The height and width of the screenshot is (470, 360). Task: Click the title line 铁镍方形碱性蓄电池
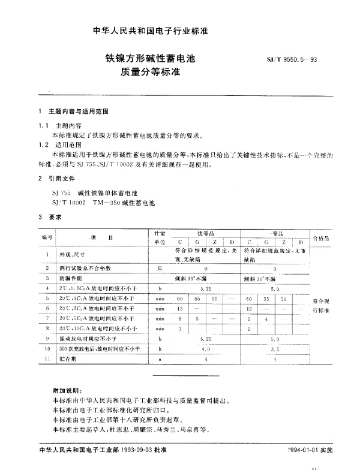(146, 59)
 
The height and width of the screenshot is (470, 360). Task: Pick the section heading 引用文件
(61, 179)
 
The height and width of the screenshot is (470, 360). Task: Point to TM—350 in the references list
(105, 204)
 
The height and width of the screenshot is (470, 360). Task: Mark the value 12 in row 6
(249, 308)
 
